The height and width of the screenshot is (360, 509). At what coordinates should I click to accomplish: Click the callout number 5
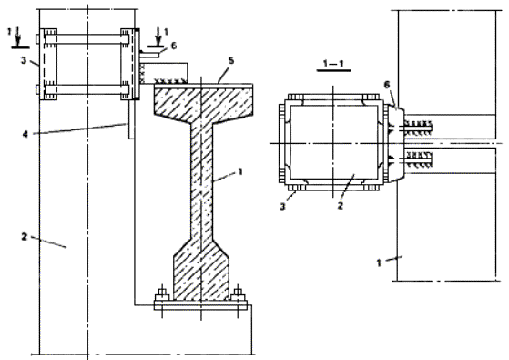coord(231,61)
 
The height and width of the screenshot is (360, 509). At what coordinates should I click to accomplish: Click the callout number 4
coord(25,134)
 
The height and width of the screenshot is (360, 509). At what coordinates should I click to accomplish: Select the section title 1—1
coord(333,64)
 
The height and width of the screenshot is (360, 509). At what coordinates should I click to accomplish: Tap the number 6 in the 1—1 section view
coord(387,85)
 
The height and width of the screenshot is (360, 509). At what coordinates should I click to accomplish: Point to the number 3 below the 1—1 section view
coord(282,206)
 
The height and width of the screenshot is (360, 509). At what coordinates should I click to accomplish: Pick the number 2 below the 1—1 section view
coord(340,205)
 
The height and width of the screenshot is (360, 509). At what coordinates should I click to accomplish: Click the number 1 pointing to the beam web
coord(240,171)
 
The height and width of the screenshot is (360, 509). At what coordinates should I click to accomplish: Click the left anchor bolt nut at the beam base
coord(161,295)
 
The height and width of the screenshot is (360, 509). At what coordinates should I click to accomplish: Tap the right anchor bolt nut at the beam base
coord(239,295)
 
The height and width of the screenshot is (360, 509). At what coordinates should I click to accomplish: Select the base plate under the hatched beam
coord(200,305)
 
